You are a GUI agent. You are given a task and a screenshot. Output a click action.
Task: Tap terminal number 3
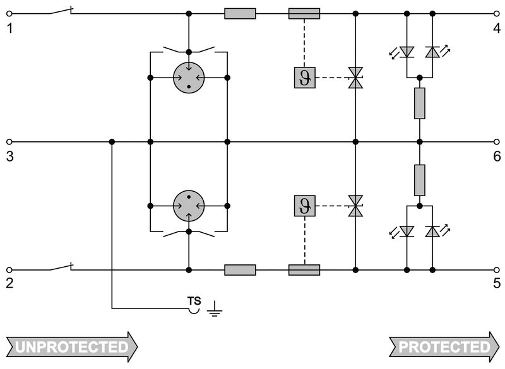tap(9, 156)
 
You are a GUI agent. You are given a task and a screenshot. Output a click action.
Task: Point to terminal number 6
tap(497, 156)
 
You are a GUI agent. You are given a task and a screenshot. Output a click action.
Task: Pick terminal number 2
tap(9, 283)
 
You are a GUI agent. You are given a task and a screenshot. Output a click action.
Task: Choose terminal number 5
tap(497, 283)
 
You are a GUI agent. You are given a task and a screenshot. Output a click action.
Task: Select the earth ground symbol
tap(215, 308)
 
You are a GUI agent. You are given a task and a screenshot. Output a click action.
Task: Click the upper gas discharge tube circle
tap(189, 78)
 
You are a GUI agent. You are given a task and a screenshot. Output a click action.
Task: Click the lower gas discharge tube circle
tap(189, 206)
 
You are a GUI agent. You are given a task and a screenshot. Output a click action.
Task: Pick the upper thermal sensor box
tap(304, 78)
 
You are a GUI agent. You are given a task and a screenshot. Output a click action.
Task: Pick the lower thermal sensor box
tap(304, 206)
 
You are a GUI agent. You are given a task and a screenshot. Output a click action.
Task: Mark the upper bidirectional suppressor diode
tap(356, 78)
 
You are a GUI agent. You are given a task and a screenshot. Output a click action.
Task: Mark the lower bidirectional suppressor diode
tap(356, 206)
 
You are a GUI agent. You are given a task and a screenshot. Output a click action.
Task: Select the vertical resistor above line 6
tap(420, 103)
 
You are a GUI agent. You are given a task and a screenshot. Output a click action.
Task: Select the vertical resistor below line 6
tap(420, 180)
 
